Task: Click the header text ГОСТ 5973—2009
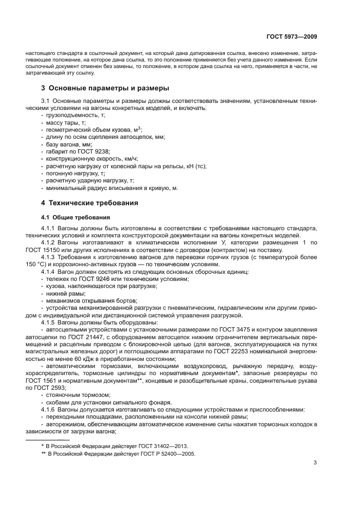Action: pyautogui.click(x=291, y=36)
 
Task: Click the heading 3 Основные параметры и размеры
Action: pyautogui.click(x=105, y=88)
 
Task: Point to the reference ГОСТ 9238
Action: pyautogui.click(x=89, y=151)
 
